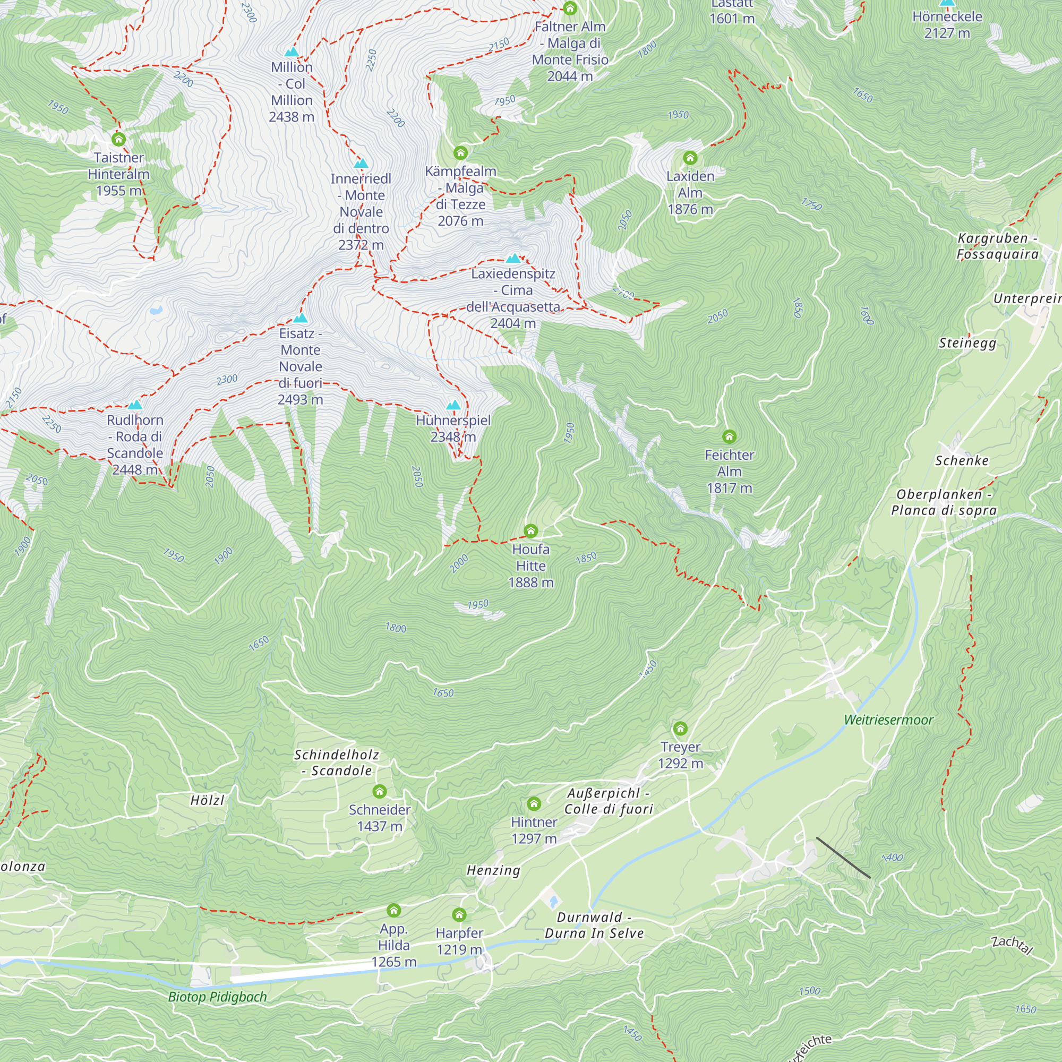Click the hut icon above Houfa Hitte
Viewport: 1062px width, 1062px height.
[530, 530]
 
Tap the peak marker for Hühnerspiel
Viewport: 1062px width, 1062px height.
[453, 406]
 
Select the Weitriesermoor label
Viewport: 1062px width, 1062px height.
[888, 720]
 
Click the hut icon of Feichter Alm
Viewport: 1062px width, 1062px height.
[729, 436]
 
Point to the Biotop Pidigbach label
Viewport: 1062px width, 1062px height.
[217, 997]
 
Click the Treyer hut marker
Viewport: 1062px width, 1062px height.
[680, 729]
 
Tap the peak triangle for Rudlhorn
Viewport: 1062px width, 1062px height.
[135, 405]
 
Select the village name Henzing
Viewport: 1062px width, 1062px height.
[493, 870]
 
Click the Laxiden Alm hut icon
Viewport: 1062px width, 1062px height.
[690, 158]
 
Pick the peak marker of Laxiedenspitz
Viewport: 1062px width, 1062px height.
[513, 259]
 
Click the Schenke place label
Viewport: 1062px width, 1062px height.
[962, 460]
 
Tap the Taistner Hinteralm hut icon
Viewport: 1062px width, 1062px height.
[118, 139]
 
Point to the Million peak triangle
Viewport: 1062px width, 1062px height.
[292, 52]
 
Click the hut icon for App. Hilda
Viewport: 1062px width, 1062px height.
[393, 910]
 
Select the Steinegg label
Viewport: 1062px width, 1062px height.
[967, 343]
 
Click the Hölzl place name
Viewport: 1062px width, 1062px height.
[207, 800]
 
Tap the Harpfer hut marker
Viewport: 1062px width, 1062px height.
[459, 915]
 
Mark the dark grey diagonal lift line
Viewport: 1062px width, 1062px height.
[843, 858]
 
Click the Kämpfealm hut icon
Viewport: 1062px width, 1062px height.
[460, 153]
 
